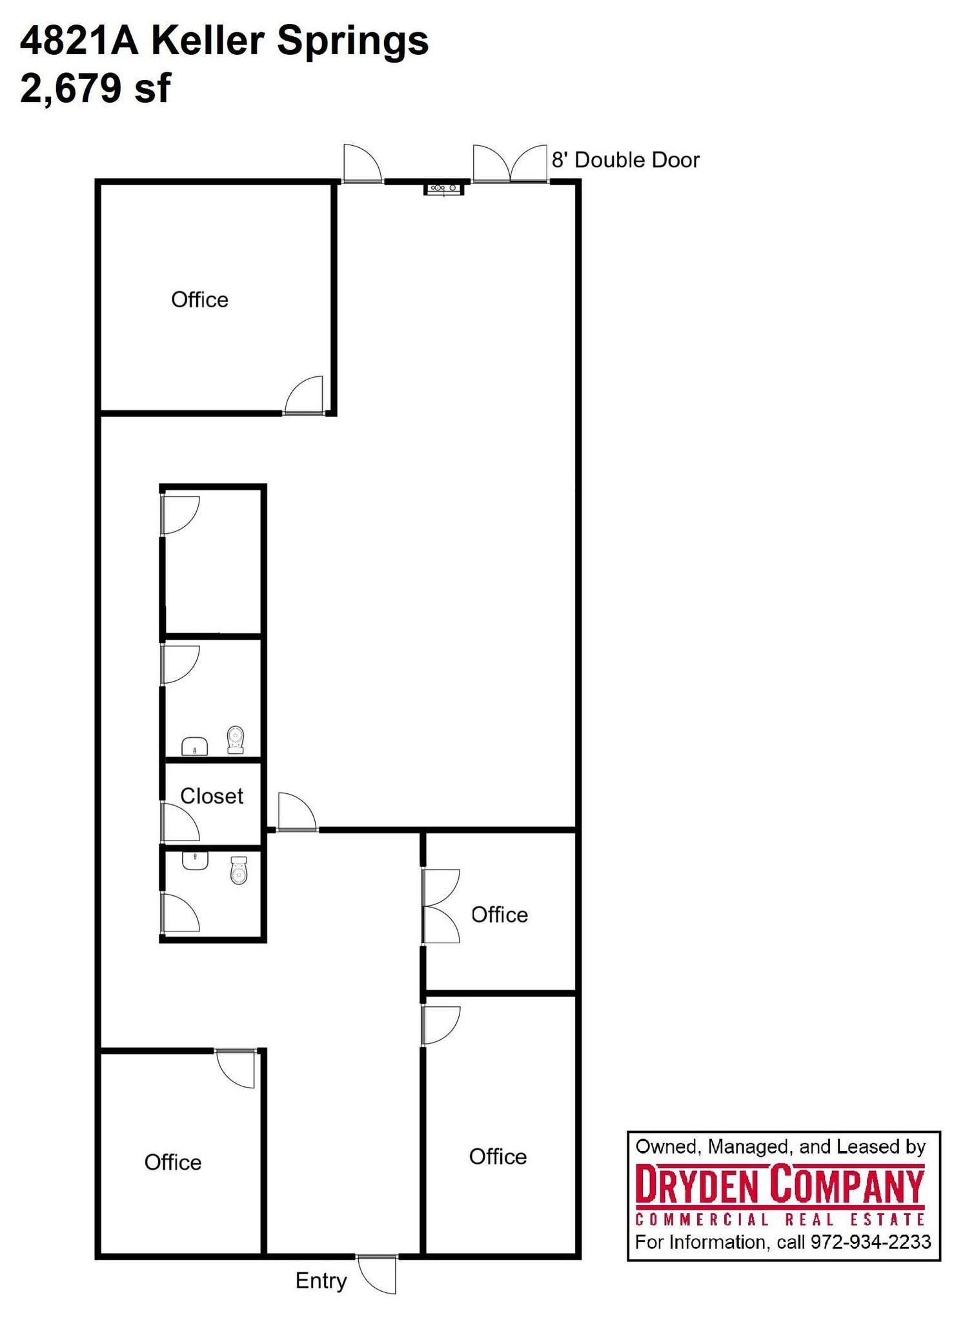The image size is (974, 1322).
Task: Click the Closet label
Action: (211, 796)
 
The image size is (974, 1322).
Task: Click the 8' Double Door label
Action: (625, 160)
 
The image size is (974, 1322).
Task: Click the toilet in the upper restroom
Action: (236, 740)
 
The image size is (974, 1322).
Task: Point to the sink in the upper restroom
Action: (194, 746)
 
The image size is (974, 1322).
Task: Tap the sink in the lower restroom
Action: (195, 860)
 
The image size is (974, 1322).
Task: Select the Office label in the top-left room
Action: (199, 300)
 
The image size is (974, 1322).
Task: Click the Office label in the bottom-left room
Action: (173, 1163)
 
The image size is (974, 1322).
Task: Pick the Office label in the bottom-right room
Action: (498, 1157)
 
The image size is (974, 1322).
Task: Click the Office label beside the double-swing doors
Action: (500, 915)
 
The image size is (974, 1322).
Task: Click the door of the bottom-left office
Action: (236, 1068)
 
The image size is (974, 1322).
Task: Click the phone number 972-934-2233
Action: (871, 1242)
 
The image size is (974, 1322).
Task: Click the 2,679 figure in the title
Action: (70, 88)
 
